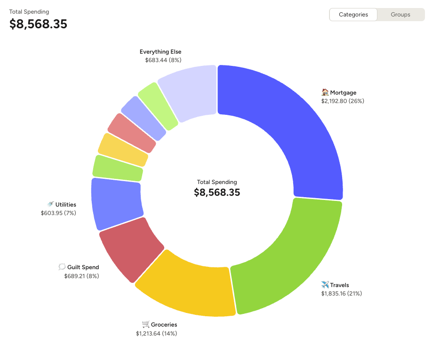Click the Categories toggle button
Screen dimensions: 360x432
(x=353, y=15)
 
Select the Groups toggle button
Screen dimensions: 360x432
(x=400, y=15)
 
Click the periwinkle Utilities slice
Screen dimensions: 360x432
(x=116, y=203)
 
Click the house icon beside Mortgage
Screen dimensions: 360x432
(x=325, y=92)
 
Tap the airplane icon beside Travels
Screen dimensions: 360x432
(x=325, y=285)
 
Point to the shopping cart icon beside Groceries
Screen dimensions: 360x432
(x=145, y=324)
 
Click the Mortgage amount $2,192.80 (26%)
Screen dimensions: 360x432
(x=343, y=101)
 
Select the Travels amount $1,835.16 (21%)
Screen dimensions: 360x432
(x=341, y=294)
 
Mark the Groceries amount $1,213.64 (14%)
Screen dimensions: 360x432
(x=156, y=334)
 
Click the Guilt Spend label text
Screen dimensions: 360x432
(x=83, y=267)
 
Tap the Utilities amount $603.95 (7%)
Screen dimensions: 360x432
(x=58, y=213)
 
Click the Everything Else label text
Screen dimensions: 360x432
(x=160, y=52)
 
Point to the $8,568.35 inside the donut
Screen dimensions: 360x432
(x=217, y=192)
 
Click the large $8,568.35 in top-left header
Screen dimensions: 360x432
(x=38, y=24)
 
